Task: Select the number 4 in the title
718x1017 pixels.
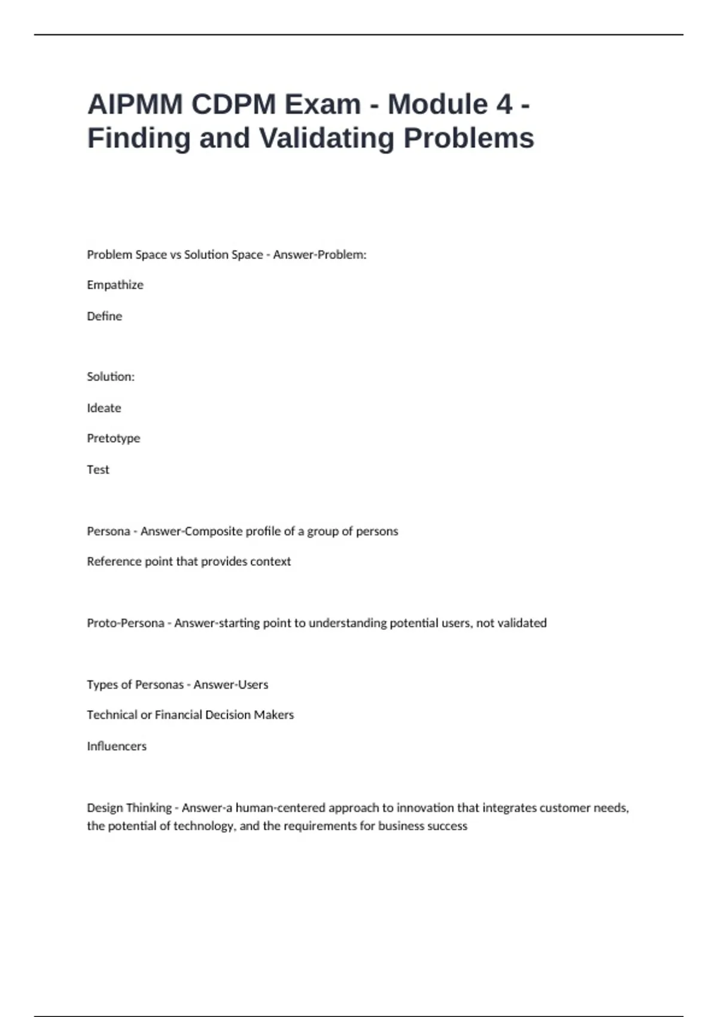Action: [504, 104]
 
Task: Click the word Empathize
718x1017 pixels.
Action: [115, 285]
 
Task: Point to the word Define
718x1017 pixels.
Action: [104, 316]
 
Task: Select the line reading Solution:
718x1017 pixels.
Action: [111, 376]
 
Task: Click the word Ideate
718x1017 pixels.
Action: [104, 407]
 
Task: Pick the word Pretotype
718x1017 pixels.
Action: [113, 438]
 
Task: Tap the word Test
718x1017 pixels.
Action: [98, 470]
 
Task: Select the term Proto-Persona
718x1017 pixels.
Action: [125, 623]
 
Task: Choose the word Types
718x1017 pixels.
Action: [101, 684]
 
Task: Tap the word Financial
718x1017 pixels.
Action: [178, 714]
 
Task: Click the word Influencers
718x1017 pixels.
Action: [116, 746]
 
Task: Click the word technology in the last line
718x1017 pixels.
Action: [205, 826]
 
